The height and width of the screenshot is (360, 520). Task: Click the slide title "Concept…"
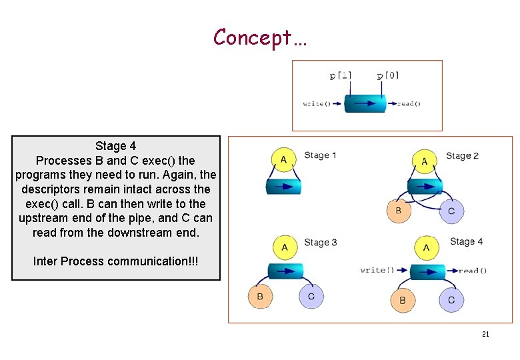pyautogui.click(x=260, y=37)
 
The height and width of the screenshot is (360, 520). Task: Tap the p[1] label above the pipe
pyautogui.click(x=341, y=76)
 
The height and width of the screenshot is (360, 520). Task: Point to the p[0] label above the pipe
pyautogui.click(x=387, y=75)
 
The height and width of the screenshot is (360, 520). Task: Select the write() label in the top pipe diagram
pyautogui.click(x=317, y=104)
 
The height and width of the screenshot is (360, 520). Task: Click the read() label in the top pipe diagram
pyautogui.click(x=409, y=104)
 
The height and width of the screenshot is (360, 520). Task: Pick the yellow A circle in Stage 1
pyautogui.click(x=283, y=159)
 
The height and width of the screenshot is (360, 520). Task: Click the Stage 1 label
pyautogui.click(x=320, y=155)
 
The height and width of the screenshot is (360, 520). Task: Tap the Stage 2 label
pyautogui.click(x=462, y=156)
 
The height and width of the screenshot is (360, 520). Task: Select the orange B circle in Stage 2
pyautogui.click(x=399, y=211)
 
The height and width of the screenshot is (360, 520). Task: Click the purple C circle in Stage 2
pyautogui.click(x=451, y=211)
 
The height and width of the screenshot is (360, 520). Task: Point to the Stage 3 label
pyautogui.click(x=320, y=242)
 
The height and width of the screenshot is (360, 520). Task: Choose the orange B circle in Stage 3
pyautogui.click(x=260, y=296)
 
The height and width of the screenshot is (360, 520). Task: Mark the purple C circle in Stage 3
pyautogui.click(x=311, y=296)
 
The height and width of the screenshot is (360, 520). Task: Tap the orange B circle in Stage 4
pyautogui.click(x=402, y=300)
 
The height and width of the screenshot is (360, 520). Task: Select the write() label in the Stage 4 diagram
pyautogui.click(x=377, y=270)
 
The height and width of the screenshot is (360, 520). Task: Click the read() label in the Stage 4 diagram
pyautogui.click(x=473, y=271)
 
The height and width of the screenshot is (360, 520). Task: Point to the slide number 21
pyautogui.click(x=485, y=334)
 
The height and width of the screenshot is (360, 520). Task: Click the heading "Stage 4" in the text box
pyautogui.click(x=115, y=146)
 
